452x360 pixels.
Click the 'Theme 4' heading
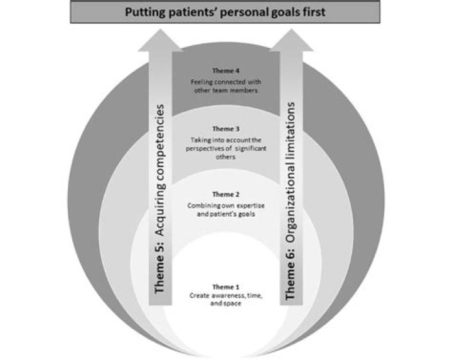point(226,70)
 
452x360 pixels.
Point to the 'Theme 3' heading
point(226,129)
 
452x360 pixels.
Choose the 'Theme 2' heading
point(226,194)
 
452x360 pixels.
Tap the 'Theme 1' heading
point(226,287)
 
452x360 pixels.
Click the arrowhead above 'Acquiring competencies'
point(160,40)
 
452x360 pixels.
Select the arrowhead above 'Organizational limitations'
point(291,40)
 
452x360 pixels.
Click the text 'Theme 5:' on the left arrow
point(159,268)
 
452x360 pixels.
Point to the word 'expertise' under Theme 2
point(250,206)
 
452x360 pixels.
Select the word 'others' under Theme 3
point(226,157)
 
